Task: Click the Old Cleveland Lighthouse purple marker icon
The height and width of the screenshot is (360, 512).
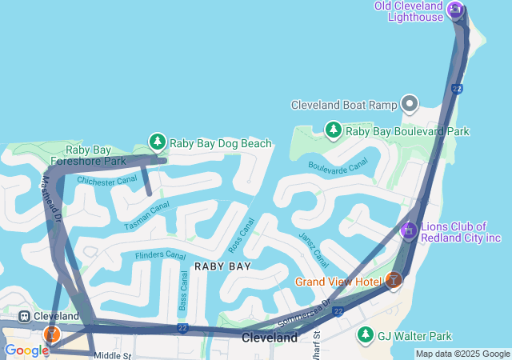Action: (x=455, y=10)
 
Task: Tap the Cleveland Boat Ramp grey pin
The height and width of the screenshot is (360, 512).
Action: (x=410, y=104)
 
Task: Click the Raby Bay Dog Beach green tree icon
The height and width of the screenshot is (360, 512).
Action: (x=158, y=142)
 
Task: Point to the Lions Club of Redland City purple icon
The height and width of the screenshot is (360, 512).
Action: (x=409, y=230)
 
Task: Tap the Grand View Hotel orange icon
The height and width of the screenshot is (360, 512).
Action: (x=393, y=281)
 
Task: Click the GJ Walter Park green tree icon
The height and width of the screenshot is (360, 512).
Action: (x=366, y=334)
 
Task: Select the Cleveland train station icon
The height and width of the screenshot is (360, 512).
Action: (x=24, y=316)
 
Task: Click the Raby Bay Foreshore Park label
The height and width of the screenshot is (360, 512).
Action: (x=96, y=155)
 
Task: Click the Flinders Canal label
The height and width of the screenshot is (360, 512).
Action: (x=160, y=255)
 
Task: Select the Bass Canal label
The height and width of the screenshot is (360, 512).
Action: (x=183, y=290)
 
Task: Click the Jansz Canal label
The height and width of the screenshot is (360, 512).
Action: (x=313, y=249)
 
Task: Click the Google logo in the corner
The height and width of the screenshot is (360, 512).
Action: (x=26, y=350)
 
